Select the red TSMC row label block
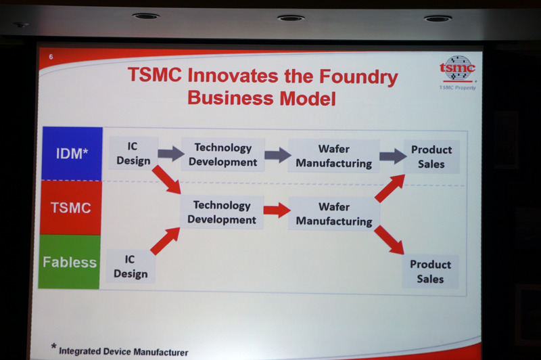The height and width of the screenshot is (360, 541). [x=70, y=208]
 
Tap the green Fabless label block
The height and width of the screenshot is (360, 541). [x=70, y=262]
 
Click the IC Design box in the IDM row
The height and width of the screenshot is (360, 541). [x=133, y=154]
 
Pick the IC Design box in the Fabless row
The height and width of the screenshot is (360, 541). [x=131, y=266]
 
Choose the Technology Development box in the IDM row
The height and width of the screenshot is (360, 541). [x=222, y=155]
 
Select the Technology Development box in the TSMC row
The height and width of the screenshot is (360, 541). [x=222, y=212]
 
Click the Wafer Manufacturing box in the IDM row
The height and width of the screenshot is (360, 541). [x=333, y=156]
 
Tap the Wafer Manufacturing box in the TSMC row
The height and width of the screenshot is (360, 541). [x=333, y=213]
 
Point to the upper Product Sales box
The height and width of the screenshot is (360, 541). [x=431, y=156]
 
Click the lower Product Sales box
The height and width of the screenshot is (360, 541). [x=430, y=271]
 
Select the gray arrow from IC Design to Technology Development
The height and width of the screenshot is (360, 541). [x=170, y=154]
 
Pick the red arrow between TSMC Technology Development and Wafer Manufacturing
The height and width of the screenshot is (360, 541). [x=276, y=210]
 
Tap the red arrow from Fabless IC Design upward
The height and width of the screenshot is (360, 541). [x=164, y=242]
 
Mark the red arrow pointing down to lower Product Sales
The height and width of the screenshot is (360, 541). [x=389, y=240]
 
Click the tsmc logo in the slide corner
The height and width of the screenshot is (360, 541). [x=457, y=70]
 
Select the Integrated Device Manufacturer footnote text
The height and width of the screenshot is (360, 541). [x=123, y=351]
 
